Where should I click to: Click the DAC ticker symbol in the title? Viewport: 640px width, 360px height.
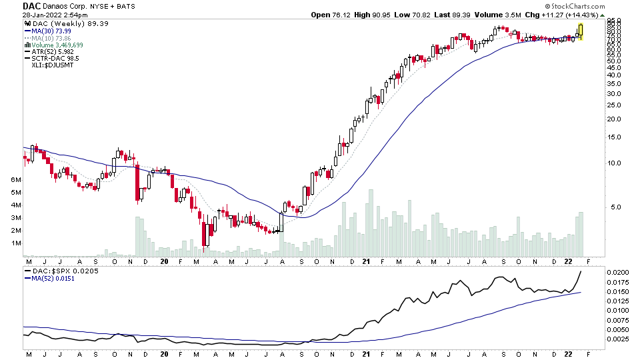[x=32, y=5]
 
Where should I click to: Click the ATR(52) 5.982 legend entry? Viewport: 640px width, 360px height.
[x=51, y=52]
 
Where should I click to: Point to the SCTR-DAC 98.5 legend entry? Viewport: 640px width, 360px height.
[x=55, y=59]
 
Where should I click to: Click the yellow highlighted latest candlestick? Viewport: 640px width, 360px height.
[x=581, y=31]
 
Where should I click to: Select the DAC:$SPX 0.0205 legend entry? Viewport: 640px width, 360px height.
[x=60, y=271]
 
